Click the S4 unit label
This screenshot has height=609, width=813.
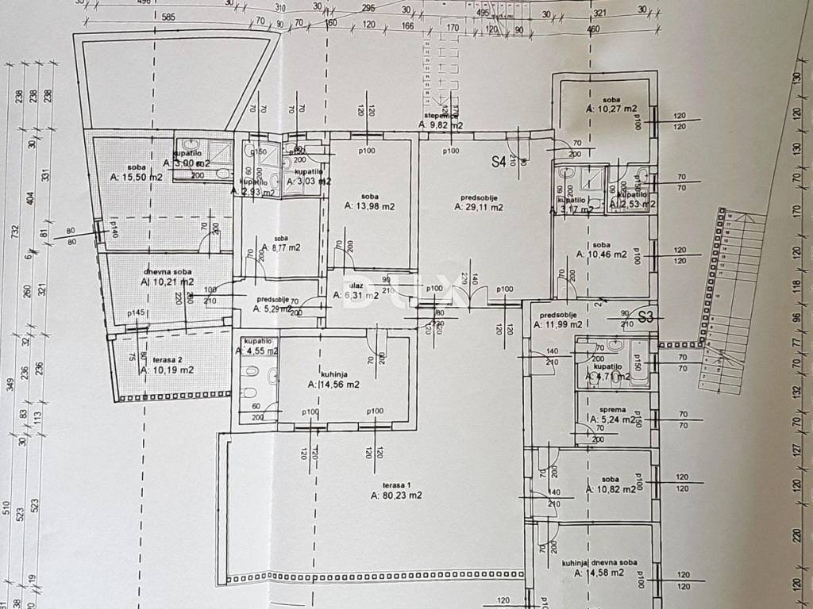pyautogui.click(x=499, y=163)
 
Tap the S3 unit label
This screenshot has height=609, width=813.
pyautogui.click(x=645, y=317)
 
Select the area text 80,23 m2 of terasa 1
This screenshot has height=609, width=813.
pyautogui.click(x=396, y=496)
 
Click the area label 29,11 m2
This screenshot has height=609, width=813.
pyautogui.click(x=479, y=208)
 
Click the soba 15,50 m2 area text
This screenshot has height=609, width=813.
pyautogui.click(x=137, y=177)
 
